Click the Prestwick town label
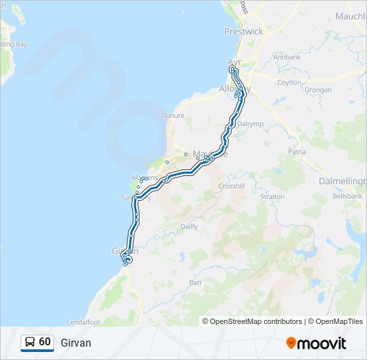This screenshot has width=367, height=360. (x=244, y=31)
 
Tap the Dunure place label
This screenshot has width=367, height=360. (x=173, y=115)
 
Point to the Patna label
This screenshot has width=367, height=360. (x=297, y=152)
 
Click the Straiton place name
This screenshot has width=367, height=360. (x=273, y=197)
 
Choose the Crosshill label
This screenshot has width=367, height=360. (x=232, y=186)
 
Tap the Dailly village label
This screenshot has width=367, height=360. (x=189, y=226)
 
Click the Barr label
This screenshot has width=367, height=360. (x=196, y=283)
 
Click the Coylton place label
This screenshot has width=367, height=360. (x=289, y=82)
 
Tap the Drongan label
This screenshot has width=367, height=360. (x=318, y=89)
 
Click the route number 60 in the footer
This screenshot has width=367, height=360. (x=45, y=342)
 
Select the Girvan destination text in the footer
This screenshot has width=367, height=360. (x=75, y=343)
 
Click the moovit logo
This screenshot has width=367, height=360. (x=316, y=343)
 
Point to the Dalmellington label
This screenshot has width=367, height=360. (x=341, y=181)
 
